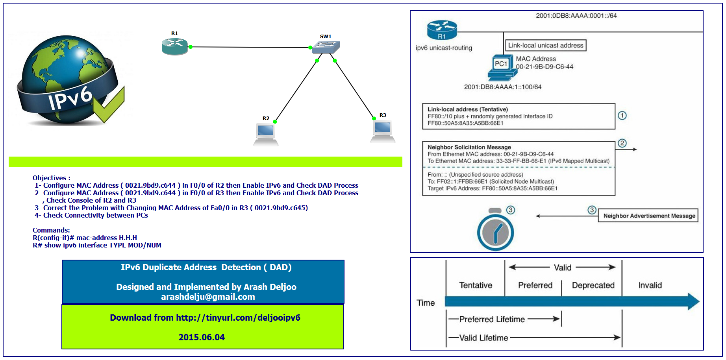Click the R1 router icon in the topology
pos(175,46)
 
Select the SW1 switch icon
pos(326,48)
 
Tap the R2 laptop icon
pos(266,135)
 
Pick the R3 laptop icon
pos(383,131)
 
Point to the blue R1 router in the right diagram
pos(442,30)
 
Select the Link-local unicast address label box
pos(546,45)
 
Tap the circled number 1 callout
pos(622,116)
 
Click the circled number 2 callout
pos(622,143)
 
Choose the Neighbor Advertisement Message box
pos(648,216)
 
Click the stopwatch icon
pos(496,230)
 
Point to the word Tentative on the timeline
pos(476,285)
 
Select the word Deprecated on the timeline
pos(593,285)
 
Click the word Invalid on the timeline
pos(650,285)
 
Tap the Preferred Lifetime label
pos(492,319)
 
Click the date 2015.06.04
pos(202,337)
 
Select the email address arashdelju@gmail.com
pos(208,297)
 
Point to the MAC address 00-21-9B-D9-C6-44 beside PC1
pos(544,67)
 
